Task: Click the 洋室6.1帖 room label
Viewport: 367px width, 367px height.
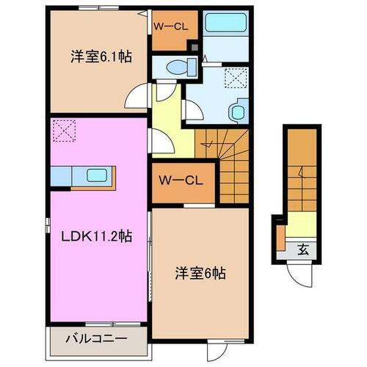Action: [101, 57]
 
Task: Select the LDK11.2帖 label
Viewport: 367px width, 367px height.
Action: [97, 236]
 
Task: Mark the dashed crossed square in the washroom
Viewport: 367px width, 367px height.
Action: [234, 78]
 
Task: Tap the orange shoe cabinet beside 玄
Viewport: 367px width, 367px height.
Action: [280, 236]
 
